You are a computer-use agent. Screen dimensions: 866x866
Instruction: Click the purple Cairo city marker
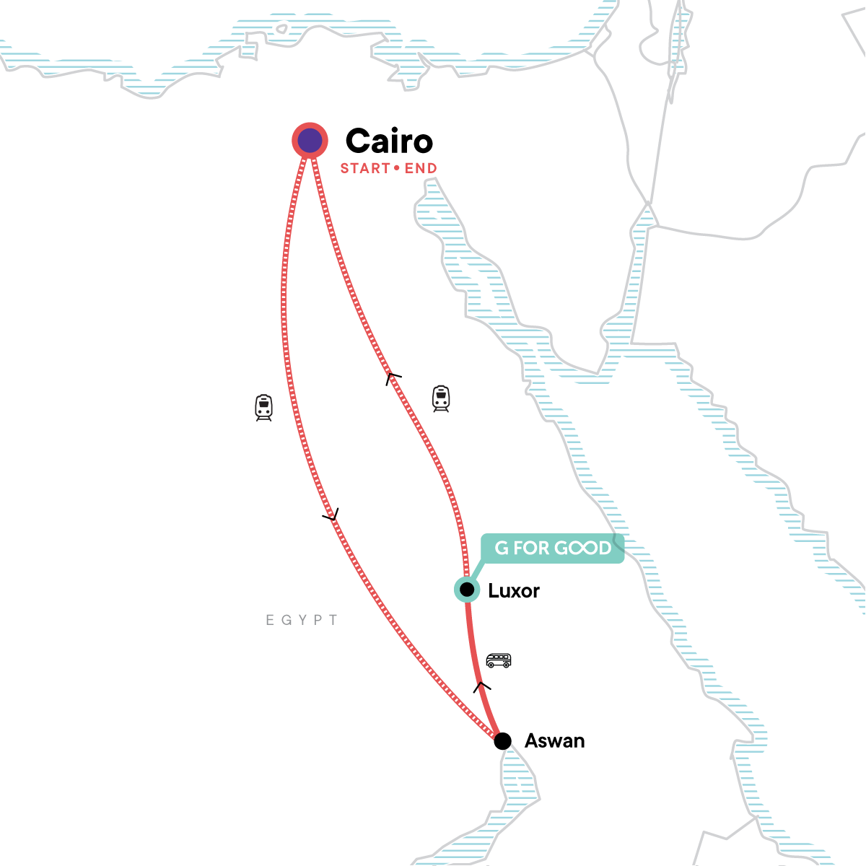[310, 141]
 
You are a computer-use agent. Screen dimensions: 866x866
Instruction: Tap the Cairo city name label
[389, 141]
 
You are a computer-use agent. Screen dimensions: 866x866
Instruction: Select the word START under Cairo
[365, 169]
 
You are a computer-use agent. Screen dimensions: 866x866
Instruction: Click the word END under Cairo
[421, 169]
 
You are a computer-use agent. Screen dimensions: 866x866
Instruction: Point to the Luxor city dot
[467, 590]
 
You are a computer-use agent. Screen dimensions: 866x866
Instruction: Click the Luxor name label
[514, 591]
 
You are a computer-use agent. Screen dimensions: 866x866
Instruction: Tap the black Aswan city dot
[503, 741]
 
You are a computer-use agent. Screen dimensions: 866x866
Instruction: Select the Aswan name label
[554, 741]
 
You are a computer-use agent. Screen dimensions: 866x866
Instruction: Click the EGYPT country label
[302, 620]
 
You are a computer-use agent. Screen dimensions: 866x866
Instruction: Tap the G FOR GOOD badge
[552, 548]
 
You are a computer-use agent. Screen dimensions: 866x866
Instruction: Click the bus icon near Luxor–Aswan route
[498, 660]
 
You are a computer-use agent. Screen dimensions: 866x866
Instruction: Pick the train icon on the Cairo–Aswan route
[264, 408]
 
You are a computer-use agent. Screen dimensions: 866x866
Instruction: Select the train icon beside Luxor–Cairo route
[441, 398]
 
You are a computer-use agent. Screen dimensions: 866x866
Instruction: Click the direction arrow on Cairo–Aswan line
[331, 515]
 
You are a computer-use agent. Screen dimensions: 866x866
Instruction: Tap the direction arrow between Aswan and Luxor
[482, 686]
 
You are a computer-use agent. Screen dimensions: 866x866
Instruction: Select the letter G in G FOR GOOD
[502, 548]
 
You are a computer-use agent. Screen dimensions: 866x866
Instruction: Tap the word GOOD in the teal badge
[582, 548]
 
